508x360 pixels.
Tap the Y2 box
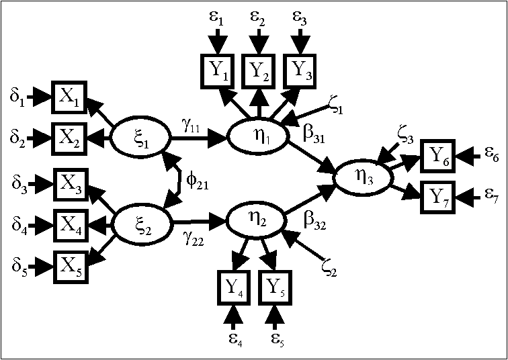(x=258, y=69)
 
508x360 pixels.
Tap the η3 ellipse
(x=362, y=178)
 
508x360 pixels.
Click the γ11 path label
(x=190, y=126)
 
